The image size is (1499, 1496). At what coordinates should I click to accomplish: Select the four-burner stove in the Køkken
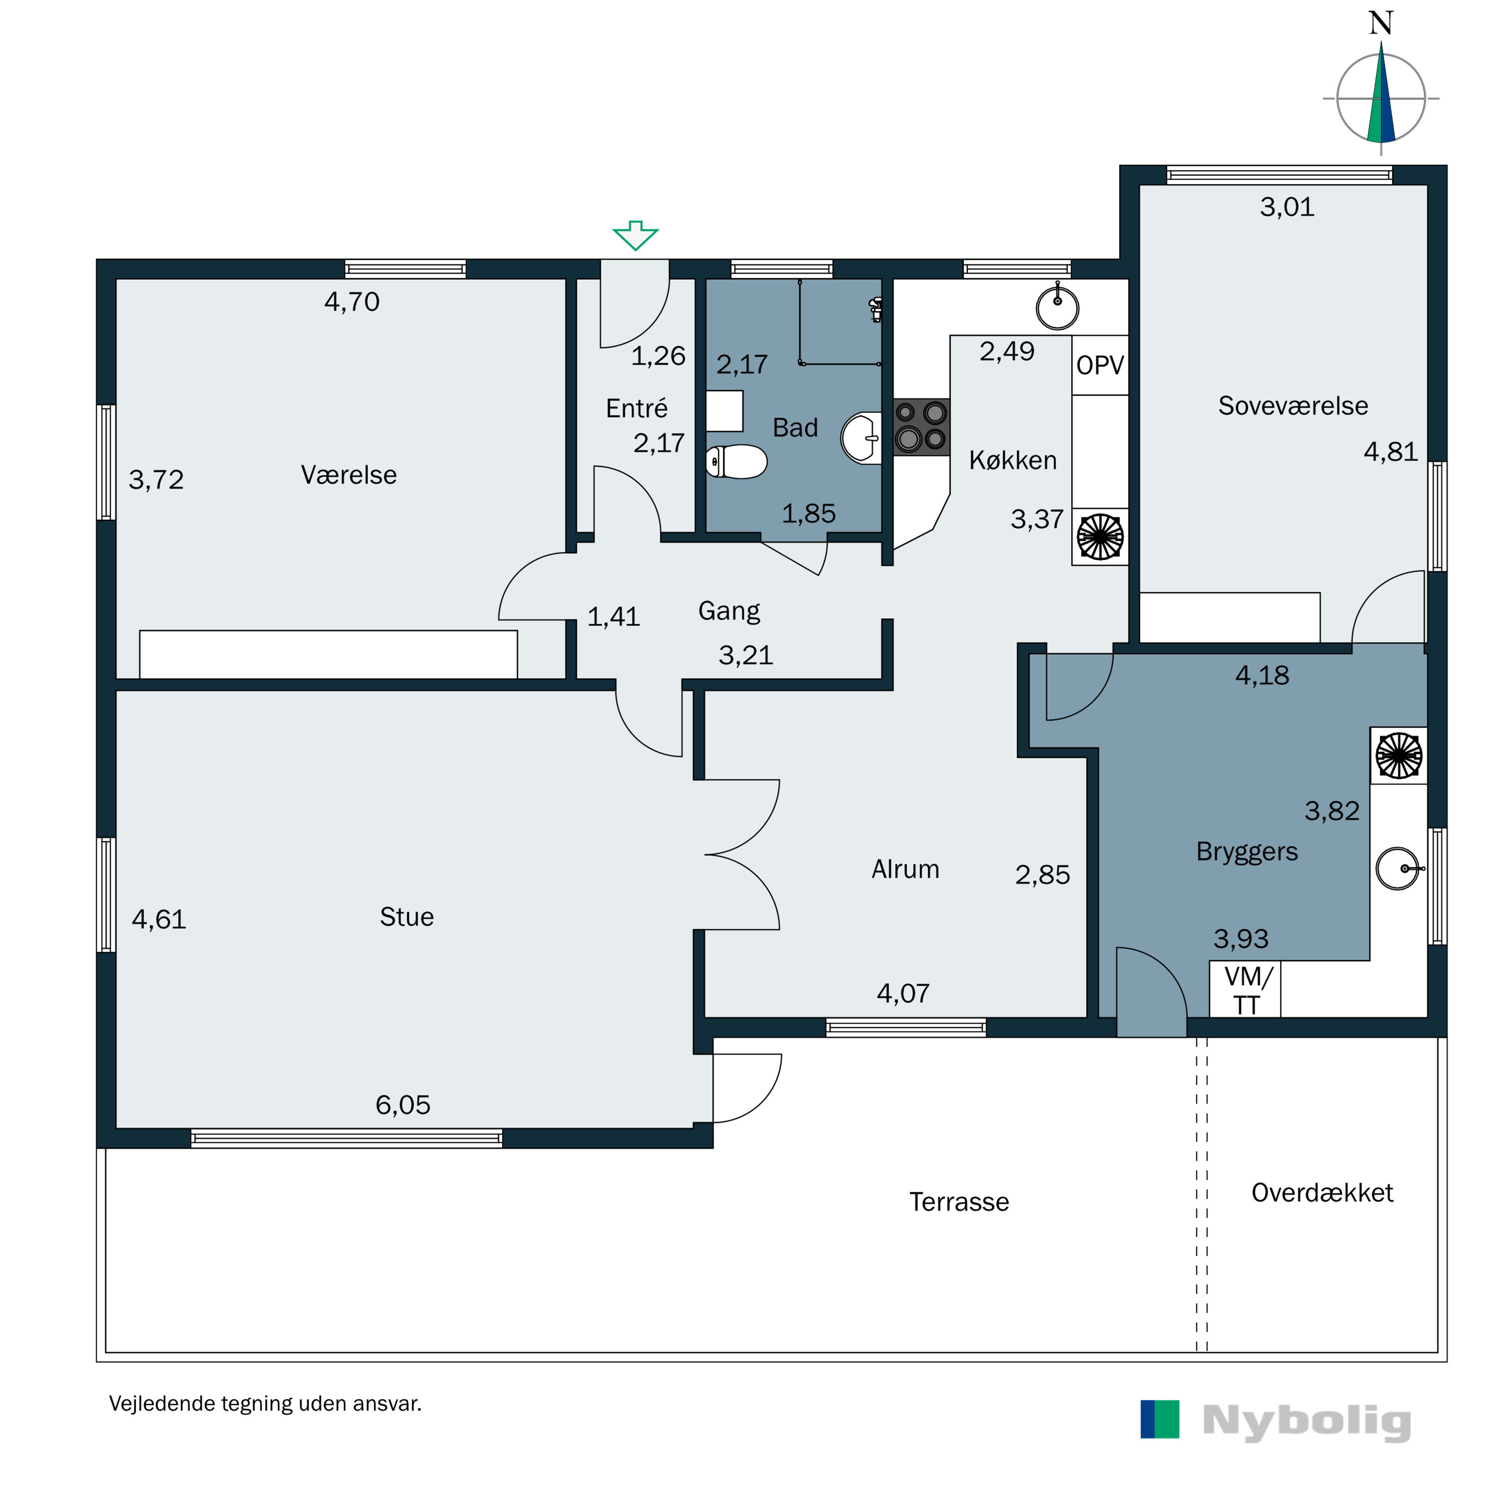pyautogui.click(x=922, y=426)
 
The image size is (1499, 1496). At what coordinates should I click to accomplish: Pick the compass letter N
pyautogui.click(x=1381, y=23)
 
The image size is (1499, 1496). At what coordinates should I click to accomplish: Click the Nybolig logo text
pyautogui.click(x=1307, y=1421)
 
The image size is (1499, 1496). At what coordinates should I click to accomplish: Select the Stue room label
pyautogui.click(x=407, y=917)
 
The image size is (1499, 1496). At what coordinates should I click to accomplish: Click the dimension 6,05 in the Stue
pyautogui.click(x=403, y=1105)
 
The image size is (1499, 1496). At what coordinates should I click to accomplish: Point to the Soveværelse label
pyautogui.click(x=1293, y=405)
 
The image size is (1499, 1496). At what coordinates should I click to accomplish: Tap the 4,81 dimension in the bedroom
pyautogui.click(x=1391, y=451)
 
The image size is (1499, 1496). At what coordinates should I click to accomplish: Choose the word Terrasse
pyautogui.click(x=959, y=1202)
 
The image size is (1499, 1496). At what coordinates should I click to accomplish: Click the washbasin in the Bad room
pyautogui.click(x=861, y=438)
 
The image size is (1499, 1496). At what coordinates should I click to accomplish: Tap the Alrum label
pyautogui.click(x=905, y=869)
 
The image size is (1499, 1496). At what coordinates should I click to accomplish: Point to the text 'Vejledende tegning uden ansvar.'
pyautogui.click(x=265, y=1404)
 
